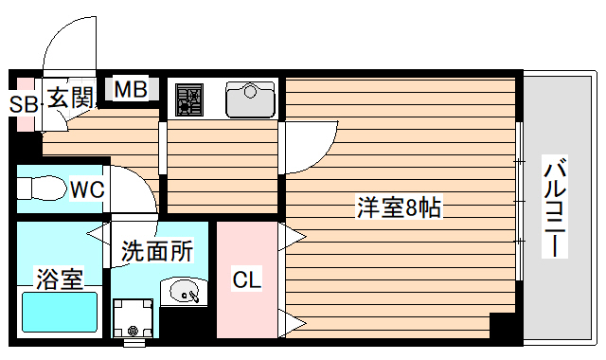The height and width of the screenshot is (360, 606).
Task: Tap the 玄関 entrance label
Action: click(70, 97)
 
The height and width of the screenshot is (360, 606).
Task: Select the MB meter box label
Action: click(131, 90)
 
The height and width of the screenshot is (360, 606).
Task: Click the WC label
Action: click(87, 189)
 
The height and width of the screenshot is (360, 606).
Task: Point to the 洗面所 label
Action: click(157, 252)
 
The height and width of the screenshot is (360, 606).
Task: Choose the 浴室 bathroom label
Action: click(59, 279)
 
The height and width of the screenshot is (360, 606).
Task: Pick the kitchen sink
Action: click(250, 98)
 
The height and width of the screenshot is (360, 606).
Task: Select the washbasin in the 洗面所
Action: click(182, 294)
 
